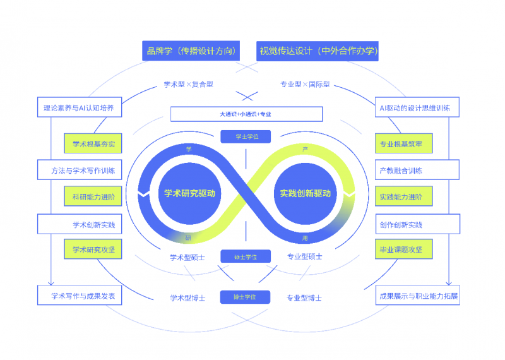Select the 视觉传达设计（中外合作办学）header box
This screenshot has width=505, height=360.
(x=318, y=51)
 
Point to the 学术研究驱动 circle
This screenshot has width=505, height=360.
(x=190, y=193)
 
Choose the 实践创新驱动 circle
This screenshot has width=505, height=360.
(x=306, y=193)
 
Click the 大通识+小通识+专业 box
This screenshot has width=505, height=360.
(x=246, y=114)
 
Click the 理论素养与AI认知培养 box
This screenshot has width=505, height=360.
(x=79, y=107)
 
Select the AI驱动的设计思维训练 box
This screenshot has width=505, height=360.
(x=417, y=107)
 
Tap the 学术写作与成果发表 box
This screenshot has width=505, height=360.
(x=79, y=295)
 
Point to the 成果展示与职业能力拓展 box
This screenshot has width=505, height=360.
(x=418, y=295)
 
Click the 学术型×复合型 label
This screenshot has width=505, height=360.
(x=188, y=84)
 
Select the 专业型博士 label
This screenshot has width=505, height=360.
(x=304, y=297)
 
